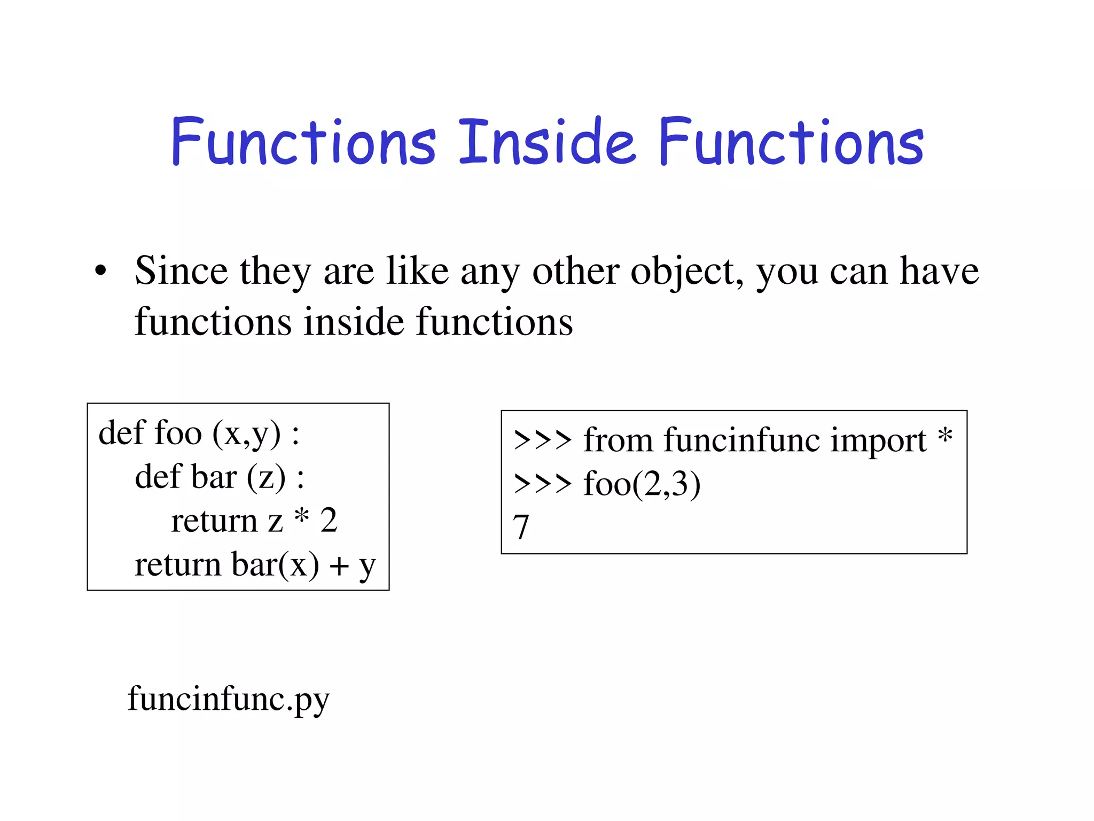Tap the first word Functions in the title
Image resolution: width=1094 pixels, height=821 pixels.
[303, 142]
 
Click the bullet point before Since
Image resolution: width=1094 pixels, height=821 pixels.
[100, 272]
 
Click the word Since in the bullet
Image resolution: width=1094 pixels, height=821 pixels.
[181, 271]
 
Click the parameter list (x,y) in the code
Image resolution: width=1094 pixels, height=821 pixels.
[246, 434]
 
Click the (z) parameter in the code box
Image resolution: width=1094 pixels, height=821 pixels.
[266, 478]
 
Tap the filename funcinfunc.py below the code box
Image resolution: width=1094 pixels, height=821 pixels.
[229, 699]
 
